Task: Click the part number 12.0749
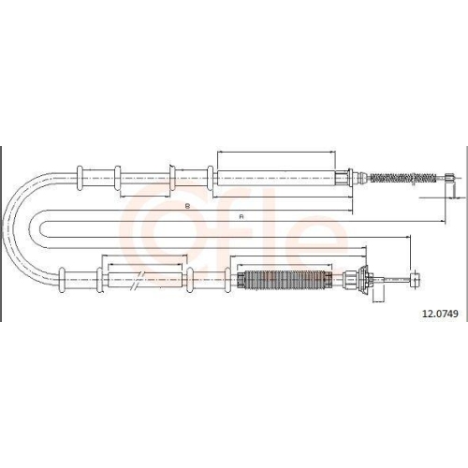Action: point(440,314)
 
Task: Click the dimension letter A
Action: point(241,217)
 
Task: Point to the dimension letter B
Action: point(187,206)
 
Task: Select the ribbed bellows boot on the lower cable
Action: point(285,279)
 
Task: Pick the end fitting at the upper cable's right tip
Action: point(449,178)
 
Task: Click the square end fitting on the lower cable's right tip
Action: point(416,280)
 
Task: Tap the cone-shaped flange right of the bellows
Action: point(363,280)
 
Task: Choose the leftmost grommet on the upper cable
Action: point(80,178)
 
